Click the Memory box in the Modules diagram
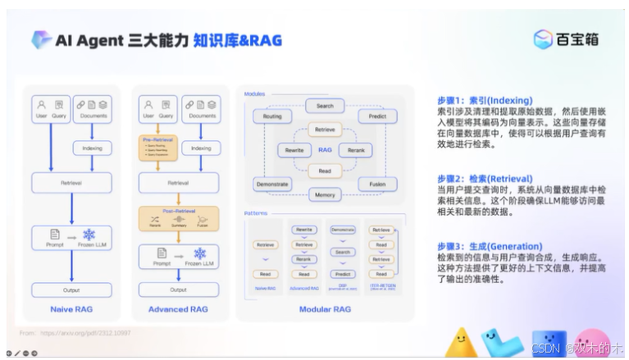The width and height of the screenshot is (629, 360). click(x=325, y=195)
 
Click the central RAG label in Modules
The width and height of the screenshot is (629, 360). click(x=325, y=151)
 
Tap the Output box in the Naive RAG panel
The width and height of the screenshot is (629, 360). click(x=71, y=289)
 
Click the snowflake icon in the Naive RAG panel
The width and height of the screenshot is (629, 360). click(x=89, y=235)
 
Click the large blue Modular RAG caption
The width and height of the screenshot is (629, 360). click(x=325, y=310)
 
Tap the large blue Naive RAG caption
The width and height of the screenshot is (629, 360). click(x=71, y=310)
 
